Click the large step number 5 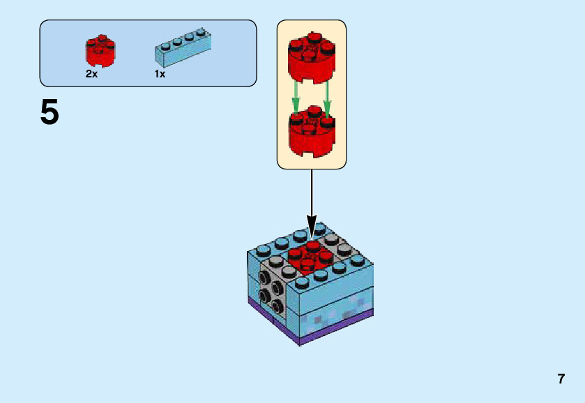click(50, 112)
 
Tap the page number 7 click(561, 379)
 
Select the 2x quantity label click(92, 73)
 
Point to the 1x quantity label click(160, 73)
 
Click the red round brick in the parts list click(100, 50)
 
